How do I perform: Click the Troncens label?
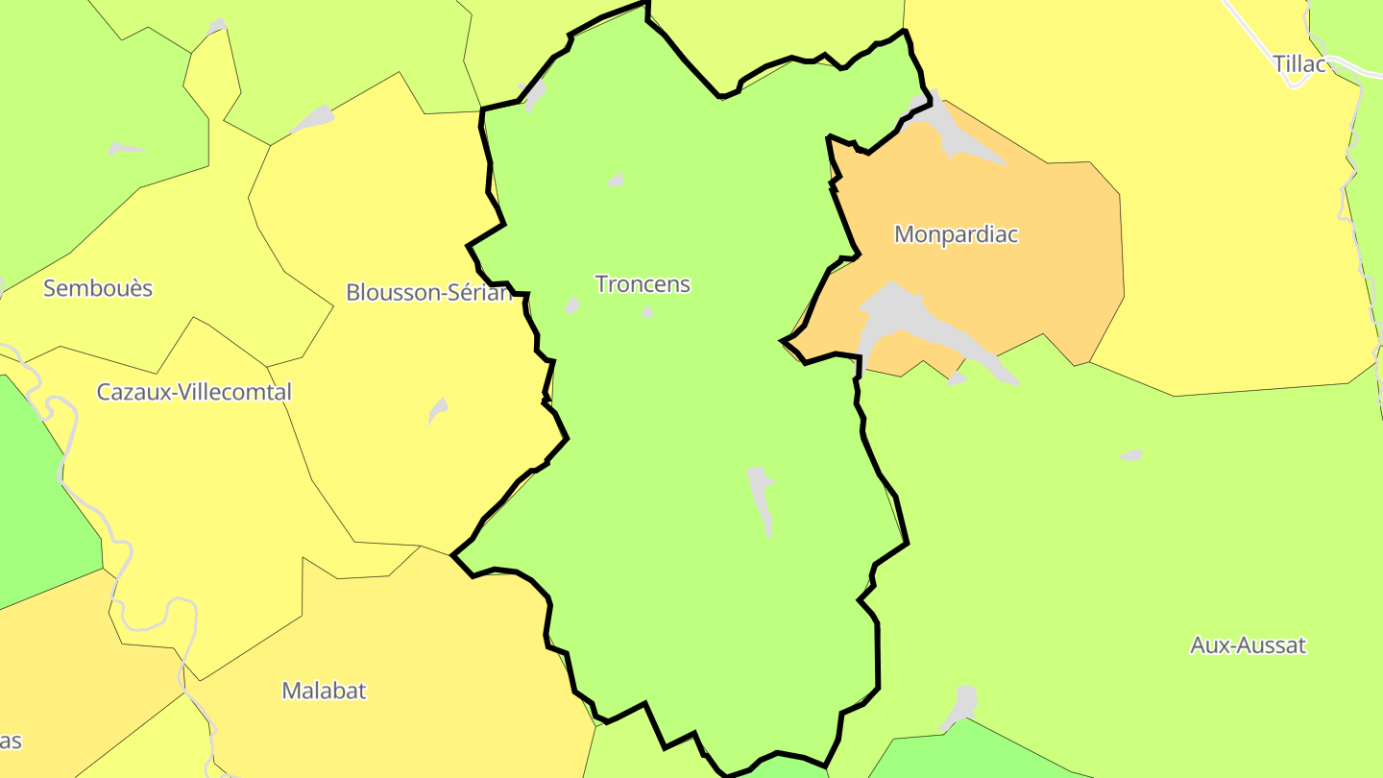coord(643,284)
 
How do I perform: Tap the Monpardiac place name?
coord(956,234)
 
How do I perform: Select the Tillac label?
coord(1298,64)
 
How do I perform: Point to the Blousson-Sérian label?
coord(427,292)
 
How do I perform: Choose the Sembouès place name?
coord(98,288)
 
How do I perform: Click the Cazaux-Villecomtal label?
coord(194,392)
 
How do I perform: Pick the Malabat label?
coord(324,691)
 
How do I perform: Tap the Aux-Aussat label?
coord(1248,645)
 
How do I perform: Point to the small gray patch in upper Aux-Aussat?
coord(1132,454)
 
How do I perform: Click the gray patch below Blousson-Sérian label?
coord(438,410)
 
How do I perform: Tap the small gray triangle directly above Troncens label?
coord(616,180)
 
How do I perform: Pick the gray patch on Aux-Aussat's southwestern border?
coord(960,706)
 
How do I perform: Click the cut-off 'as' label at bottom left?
coord(10,742)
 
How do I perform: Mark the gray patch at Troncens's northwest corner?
coord(533,93)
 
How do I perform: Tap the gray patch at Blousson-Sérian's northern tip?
coord(313,119)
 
